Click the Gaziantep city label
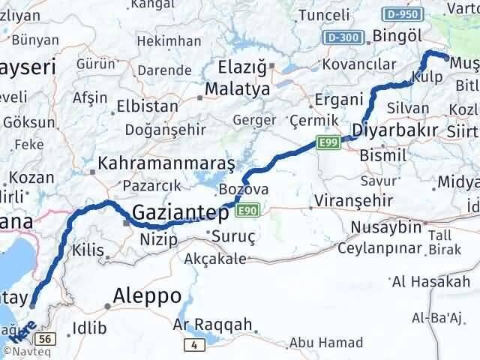[179, 214]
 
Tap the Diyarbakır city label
[394, 130]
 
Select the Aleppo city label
[146, 296]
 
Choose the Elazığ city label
[241, 67]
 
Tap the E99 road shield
[326, 142]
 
